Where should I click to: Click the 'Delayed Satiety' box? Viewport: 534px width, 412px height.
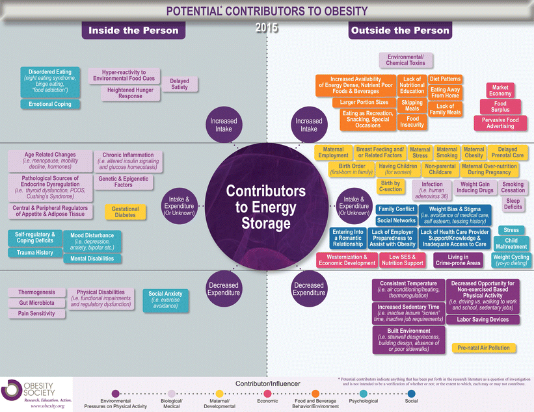[180, 84]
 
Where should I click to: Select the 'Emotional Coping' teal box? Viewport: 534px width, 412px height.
[50, 104]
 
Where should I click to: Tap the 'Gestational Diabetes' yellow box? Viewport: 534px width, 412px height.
[126, 212]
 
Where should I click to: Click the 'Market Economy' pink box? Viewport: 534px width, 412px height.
[500, 90]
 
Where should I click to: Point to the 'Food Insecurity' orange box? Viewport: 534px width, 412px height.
[412, 122]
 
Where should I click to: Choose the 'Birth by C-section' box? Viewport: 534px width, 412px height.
[391, 187]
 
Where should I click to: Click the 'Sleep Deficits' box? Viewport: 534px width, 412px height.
[513, 204]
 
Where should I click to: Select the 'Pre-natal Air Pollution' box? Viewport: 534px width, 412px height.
[484, 348]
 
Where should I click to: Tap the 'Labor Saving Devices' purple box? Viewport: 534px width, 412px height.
[483, 320]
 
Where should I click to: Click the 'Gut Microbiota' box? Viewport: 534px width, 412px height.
[36, 303]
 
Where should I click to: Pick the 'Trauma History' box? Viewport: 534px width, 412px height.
[36, 253]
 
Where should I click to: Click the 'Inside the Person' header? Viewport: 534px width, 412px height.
[133, 30]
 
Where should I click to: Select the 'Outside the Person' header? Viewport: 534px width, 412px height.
[399, 30]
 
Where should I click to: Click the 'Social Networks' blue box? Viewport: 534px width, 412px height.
[396, 220]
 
